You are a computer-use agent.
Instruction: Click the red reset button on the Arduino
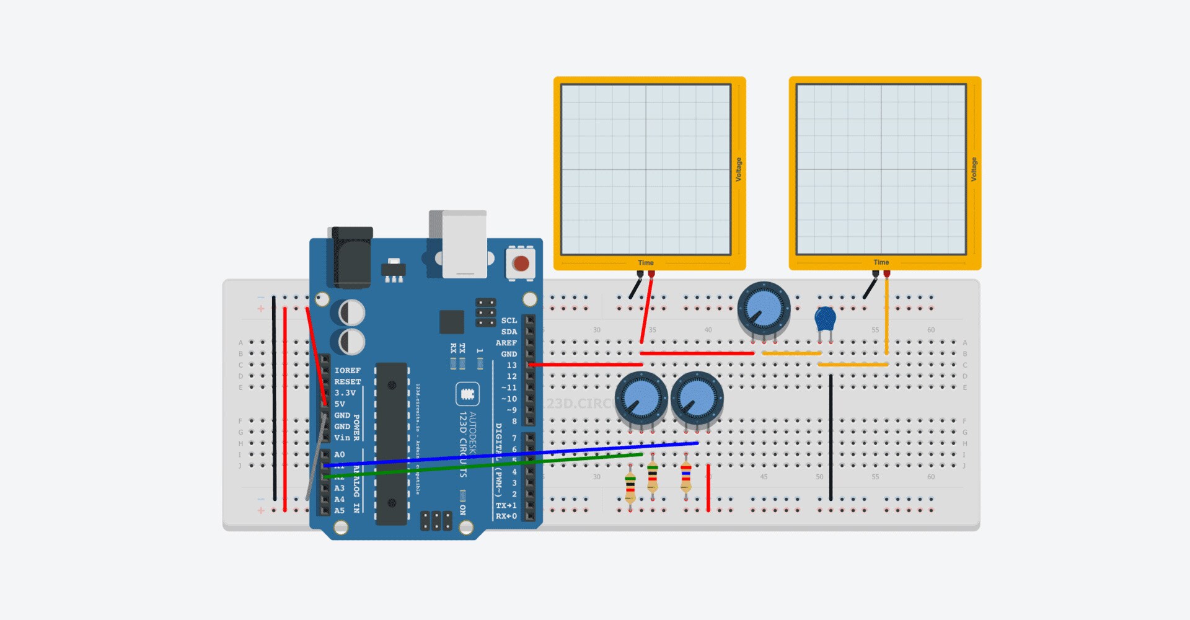[x=521, y=263]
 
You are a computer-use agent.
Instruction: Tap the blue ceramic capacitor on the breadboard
[x=825, y=319]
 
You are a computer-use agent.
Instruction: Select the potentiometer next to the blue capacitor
[x=764, y=308]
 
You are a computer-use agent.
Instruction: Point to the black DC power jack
[x=352, y=257]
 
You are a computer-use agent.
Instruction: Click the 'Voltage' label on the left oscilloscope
[x=738, y=169]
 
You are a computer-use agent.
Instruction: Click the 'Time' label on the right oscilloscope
[x=881, y=262]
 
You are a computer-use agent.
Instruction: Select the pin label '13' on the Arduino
[x=511, y=365]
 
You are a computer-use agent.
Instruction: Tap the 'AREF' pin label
[x=506, y=343]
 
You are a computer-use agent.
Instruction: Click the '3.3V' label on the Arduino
[x=345, y=393]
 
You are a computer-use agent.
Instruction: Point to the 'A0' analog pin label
[x=339, y=454]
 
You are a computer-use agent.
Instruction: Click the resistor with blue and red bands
[x=685, y=476]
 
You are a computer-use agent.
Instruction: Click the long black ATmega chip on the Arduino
[x=392, y=443]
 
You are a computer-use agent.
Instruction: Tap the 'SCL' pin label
[x=509, y=321]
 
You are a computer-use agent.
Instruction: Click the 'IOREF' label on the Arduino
[x=347, y=371]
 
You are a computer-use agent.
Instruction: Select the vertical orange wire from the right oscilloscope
[x=886, y=316]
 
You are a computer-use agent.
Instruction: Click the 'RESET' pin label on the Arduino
[x=347, y=382]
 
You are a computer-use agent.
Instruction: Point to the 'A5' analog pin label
[x=339, y=511]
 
